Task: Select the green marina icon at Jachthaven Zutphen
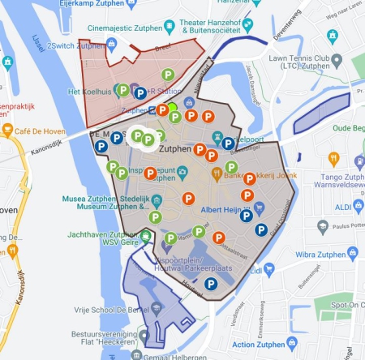tap(145, 236)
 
